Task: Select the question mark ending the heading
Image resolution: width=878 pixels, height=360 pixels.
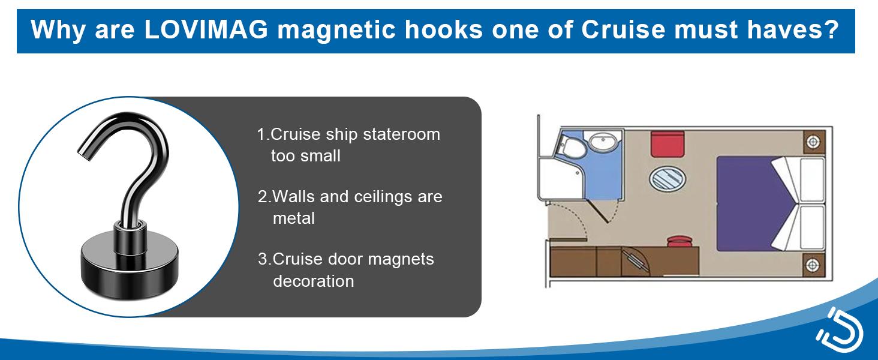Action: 831,30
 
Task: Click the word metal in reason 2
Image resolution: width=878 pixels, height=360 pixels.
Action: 294,218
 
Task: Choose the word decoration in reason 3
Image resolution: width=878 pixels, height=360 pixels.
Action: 314,280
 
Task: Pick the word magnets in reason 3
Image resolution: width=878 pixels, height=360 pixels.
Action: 401,259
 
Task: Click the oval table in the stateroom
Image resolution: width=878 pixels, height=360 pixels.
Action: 667,178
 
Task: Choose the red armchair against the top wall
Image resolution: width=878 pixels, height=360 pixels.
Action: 668,142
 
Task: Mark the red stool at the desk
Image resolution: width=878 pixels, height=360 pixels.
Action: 680,241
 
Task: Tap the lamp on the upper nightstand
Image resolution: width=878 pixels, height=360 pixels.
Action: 814,142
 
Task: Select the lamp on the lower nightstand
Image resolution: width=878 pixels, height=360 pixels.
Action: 814,264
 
